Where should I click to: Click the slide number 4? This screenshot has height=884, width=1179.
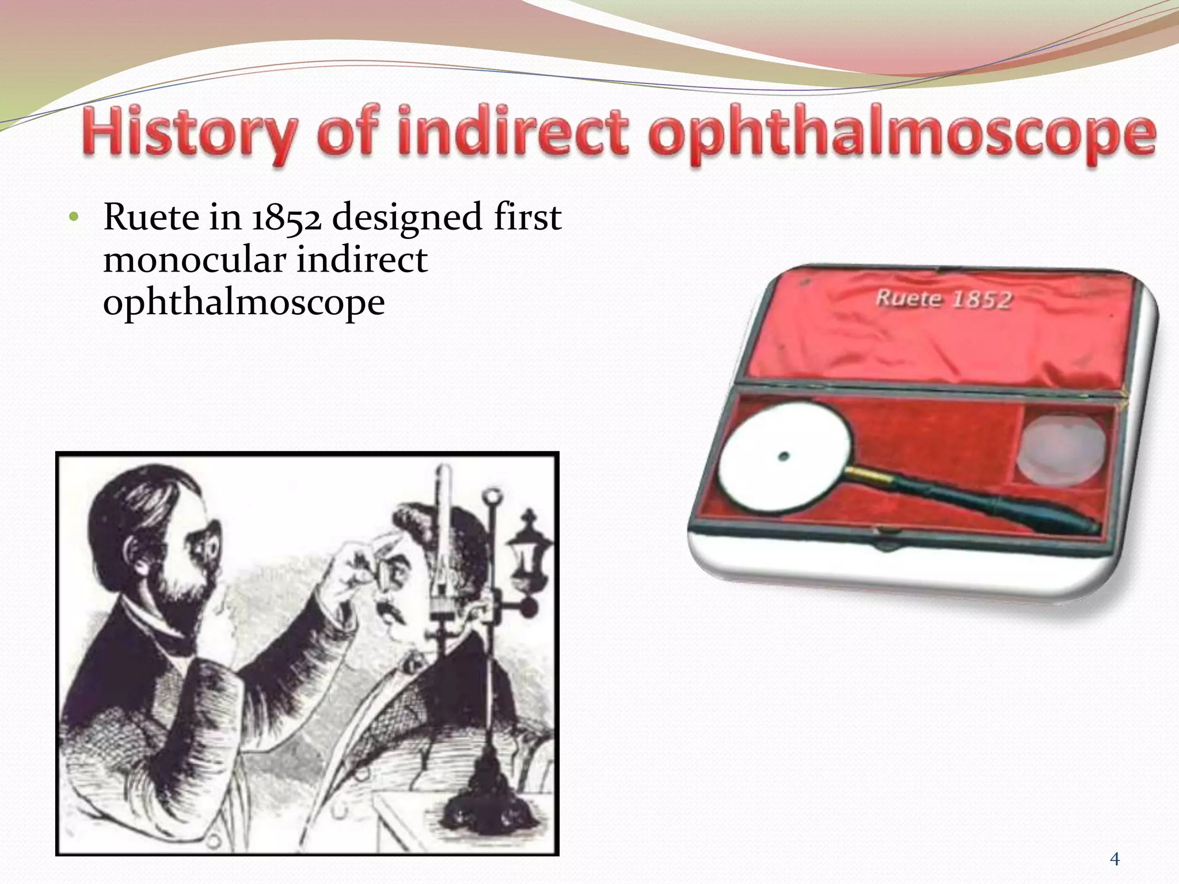pyautogui.click(x=1115, y=859)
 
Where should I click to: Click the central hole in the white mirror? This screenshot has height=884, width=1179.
pyautogui.click(x=783, y=456)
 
